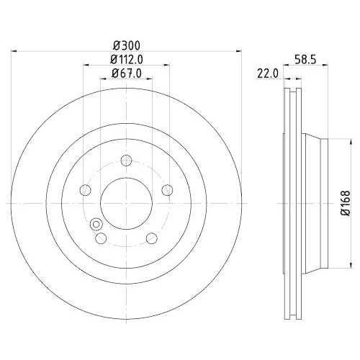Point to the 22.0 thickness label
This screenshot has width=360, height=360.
[268, 73]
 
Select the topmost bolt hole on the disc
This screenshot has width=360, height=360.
[126, 161]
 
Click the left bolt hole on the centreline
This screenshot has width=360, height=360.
[84, 190]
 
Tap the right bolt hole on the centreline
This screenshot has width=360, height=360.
[168, 190]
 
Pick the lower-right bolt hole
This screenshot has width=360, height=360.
[151, 238]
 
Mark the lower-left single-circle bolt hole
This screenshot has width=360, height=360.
[101, 238]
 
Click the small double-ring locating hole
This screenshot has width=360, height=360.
[95, 225]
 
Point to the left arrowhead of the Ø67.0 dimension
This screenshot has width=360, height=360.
[103, 79]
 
